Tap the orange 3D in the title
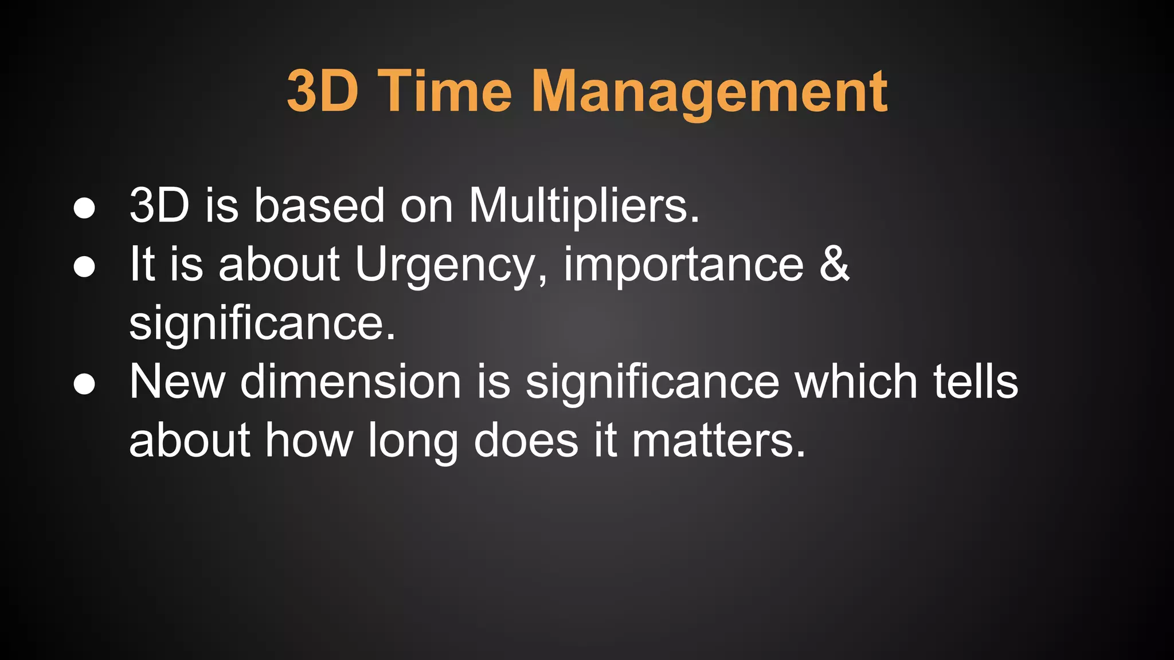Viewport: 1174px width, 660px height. coord(323,92)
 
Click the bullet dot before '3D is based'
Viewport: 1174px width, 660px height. coord(84,209)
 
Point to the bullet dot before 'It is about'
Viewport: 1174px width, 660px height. coord(84,267)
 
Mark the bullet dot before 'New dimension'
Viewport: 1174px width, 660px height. coord(84,384)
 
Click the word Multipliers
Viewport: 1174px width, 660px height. coord(584,206)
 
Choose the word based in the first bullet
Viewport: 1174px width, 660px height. coord(319,206)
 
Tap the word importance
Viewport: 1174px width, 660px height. coord(684,266)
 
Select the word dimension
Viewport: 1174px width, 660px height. coord(351,382)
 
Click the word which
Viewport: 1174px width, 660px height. coord(856,382)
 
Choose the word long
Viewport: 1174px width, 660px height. coord(413,442)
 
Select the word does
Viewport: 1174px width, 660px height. coord(526,441)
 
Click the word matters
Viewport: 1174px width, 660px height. coord(718,441)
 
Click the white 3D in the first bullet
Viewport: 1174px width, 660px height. coord(159,206)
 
